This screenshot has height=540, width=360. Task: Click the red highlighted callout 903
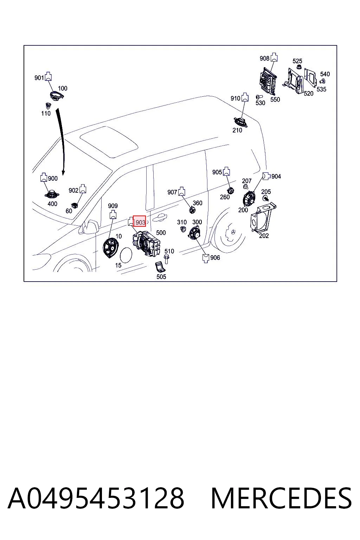(x=139, y=221)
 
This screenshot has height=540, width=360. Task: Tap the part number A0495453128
(x=96, y=498)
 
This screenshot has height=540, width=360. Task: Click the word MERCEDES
(x=281, y=498)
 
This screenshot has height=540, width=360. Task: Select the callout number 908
(x=264, y=58)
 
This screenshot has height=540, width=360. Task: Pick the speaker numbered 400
(x=52, y=194)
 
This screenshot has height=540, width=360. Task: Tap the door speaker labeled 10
(x=110, y=247)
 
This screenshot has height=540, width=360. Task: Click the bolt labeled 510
(x=166, y=259)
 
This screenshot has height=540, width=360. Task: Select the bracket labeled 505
(x=160, y=267)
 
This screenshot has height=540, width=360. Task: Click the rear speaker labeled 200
(x=249, y=198)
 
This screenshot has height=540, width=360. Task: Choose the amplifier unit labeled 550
(x=268, y=81)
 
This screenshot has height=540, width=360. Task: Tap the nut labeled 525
(x=298, y=67)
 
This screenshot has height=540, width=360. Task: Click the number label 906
(x=215, y=258)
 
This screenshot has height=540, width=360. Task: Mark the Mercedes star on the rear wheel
(x=233, y=232)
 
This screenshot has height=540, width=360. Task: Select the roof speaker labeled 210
(x=240, y=122)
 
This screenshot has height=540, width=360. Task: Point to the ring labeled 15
(x=126, y=255)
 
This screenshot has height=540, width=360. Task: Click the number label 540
(x=325, y=74)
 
